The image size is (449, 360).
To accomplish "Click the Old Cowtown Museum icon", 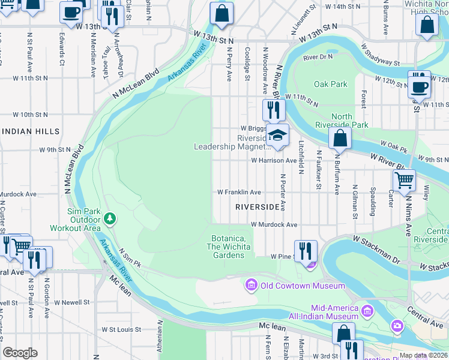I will [x=251, y=285].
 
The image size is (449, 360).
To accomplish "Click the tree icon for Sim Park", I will [x=109, y=218].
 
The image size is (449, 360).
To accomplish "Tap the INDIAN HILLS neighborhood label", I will [x=30, y=131].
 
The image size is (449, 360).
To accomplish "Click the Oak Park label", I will [x=330, y=84].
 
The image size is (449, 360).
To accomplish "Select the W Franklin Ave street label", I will [x=239, y=192].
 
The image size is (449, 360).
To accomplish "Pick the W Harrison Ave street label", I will [x=274, y=161].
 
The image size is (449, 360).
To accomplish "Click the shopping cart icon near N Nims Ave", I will [x=404, y=179].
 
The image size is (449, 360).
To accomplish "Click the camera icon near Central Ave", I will [x=397, y=326].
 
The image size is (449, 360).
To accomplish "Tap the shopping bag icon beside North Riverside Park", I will [x=340, y=138].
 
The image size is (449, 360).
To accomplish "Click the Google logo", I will [x=20, y=353].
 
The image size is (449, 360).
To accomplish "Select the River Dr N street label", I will [x=318, y=58].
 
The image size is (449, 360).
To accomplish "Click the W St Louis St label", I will [x=121, y=329].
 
